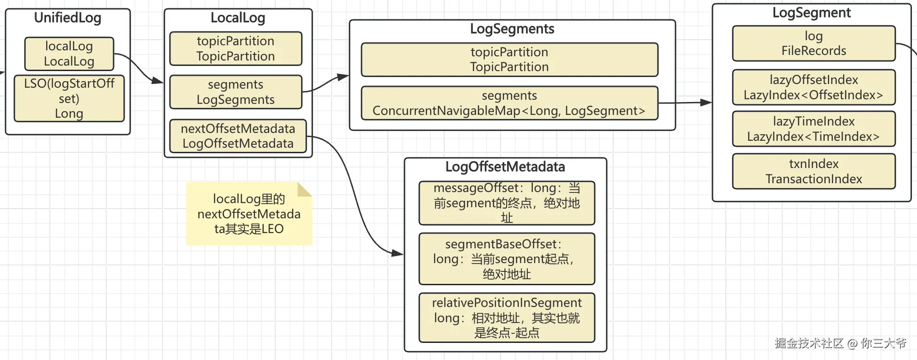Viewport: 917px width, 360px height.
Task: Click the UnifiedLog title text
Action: (67, 18)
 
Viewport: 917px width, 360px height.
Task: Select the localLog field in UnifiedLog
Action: (69, 54)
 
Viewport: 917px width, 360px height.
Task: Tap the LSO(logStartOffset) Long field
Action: (69, 98)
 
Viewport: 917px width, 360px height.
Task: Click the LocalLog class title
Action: (237, 18)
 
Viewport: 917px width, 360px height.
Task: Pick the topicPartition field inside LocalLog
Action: (235, 48)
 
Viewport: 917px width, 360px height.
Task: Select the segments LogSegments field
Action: (235, 92)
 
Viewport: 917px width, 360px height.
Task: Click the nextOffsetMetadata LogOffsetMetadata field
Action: (238, 136)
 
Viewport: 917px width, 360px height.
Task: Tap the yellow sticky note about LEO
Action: (249, 214)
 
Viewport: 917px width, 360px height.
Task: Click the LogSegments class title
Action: (512, 29)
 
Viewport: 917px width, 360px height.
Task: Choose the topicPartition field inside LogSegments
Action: (509, 60)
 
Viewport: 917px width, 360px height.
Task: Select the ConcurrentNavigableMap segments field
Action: (509, 103)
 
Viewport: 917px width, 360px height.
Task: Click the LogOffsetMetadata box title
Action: (505, 167)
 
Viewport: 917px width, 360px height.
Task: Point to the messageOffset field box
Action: (507, 203)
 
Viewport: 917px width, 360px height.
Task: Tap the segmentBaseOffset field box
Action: (507, 259)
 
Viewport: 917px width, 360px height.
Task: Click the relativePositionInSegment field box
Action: (507, 318)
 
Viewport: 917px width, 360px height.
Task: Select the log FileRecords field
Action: (814, 43)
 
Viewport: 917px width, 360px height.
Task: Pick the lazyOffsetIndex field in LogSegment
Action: (814, 87)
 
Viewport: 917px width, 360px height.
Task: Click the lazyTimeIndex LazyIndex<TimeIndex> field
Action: (814, 129)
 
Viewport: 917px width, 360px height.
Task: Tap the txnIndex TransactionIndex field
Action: (814, 171)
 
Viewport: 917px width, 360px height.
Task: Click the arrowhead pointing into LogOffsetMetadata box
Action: (398, 253)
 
